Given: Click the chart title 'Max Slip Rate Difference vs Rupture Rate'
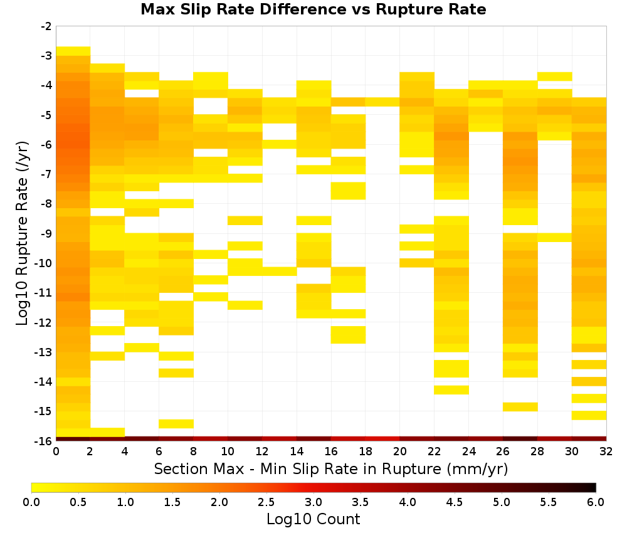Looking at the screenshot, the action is (313, 9).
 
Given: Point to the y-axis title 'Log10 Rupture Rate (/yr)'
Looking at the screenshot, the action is (23, 233).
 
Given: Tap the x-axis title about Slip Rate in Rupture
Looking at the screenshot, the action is (330, 469).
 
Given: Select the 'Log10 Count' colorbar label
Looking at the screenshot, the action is (313, 519).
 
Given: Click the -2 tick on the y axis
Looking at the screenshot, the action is (46, 26).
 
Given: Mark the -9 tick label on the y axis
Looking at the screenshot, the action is (46, 233).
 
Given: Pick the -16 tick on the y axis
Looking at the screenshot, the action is (44, 441).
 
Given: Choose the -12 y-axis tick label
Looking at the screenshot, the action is (44, 322).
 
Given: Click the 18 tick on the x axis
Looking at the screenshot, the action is (366, 451).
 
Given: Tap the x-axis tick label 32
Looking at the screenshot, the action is (606, 451).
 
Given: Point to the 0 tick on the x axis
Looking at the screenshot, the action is (56, 451).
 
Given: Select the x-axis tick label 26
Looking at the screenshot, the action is (503, 451).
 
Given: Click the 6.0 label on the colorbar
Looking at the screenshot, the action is (596, 502).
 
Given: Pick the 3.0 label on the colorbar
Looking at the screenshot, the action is (313, 502).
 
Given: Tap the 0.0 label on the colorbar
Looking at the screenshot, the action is (31, 502).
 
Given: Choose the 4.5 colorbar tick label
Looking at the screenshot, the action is (454, 502).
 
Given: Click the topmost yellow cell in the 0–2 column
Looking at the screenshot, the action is (73, 51).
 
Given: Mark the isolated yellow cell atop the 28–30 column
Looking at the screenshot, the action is (555, 77).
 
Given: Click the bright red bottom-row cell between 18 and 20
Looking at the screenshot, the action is (382, 439).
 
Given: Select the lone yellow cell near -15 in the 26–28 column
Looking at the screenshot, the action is (520, 406).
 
